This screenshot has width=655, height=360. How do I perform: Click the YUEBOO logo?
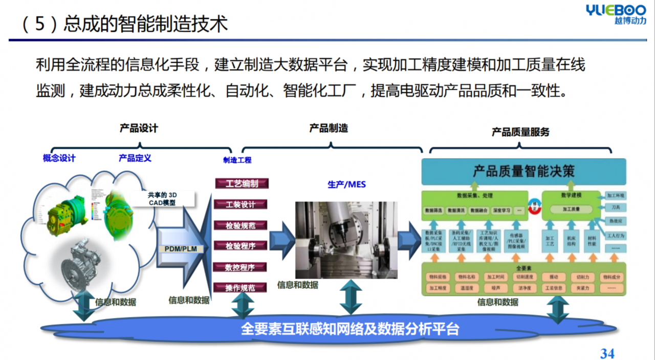coord(616,14)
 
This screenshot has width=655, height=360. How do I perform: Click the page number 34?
coord(607,353)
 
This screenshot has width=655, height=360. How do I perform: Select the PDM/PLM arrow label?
coord(181,249)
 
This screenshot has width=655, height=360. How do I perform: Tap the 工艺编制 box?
coord(241,184)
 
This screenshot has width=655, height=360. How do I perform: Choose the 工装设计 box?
coord(241,204)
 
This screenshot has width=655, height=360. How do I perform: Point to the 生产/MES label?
coord(346,184)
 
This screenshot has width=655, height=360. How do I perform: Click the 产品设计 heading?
coord(139,128)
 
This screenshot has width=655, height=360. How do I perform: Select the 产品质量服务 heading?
coord(520,132)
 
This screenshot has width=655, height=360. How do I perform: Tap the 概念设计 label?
coord(59,158)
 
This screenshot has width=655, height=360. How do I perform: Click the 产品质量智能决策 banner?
coord(523,172)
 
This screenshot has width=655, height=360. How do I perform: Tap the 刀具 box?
coord(616,208)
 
